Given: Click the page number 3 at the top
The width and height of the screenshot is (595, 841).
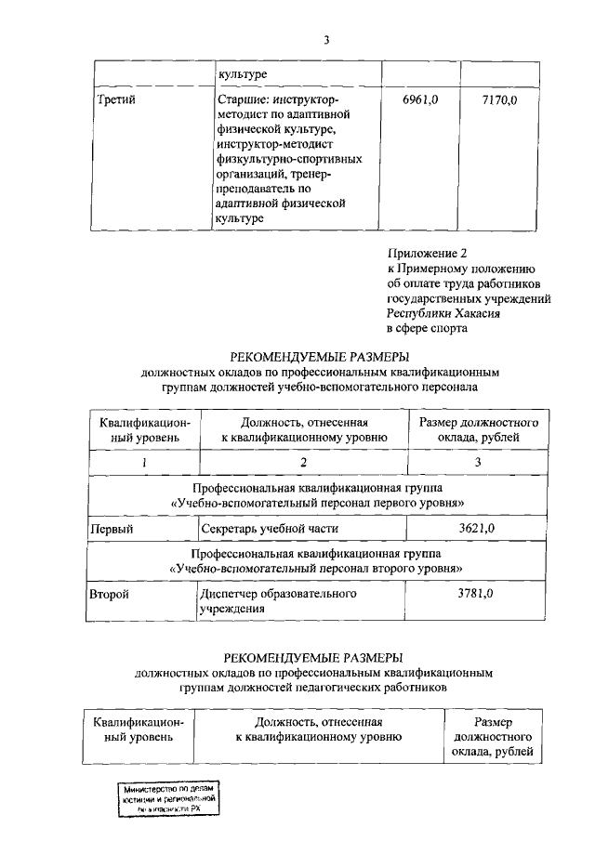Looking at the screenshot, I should click(327, 39).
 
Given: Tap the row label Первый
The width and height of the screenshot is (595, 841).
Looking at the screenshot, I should click(108, 529).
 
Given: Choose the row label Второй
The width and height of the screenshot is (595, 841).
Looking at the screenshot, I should click(107, 593).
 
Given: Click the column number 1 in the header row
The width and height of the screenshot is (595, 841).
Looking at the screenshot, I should click(144, 461).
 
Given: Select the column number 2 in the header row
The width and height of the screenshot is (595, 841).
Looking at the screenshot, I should click(302, 461).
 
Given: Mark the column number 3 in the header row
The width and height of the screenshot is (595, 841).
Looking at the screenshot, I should click(478, 461).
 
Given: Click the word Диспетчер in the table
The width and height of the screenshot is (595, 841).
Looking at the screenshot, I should click(231, 593).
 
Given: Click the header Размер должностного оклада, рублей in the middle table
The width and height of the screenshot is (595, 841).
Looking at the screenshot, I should click(478, 429).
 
